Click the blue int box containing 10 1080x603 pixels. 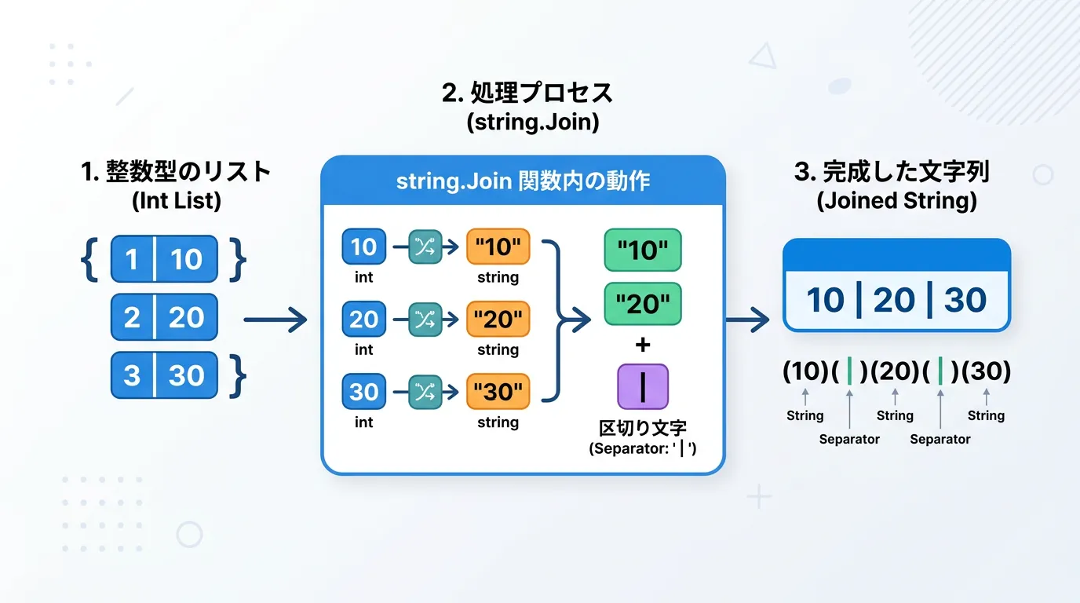click(363, 247)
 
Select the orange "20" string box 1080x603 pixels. click(498, 320)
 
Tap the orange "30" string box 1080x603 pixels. click(498, 392)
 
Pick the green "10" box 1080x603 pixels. click(642, 250)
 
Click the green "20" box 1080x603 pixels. click(642, 305)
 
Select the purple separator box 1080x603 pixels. click(643, 386)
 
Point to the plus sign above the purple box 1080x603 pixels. click(643, 345)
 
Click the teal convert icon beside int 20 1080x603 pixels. click(425, 320)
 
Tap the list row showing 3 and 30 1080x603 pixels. click(164, 375)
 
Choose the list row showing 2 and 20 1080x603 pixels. click(164, 317)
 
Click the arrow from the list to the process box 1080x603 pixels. click(275, 320)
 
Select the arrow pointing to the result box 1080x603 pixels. click(747, 320)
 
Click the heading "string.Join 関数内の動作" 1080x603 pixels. click(523, 181)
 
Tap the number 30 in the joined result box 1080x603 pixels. click(965, 300)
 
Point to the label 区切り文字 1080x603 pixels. click(643, 429)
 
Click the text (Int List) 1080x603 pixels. click(177, 201)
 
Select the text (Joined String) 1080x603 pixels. click(896, 201)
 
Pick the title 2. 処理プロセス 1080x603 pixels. click(527, 94)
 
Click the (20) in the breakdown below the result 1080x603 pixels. click(895, 371)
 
